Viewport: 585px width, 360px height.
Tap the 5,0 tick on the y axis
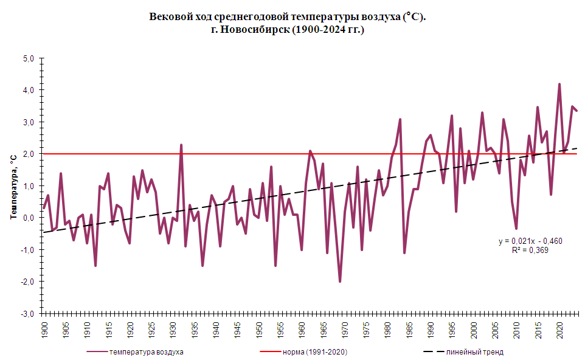pyautogui.click(x=29, y=58)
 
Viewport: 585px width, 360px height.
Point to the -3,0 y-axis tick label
pyautogui.click(x=28, y=314)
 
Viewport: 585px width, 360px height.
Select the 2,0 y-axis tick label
pyautogui.click(x=29, y=154)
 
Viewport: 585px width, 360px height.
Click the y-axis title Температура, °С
pyautogui.click(x=12, y=186)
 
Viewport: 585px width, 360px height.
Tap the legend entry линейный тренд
pyautogui.click(x=474, y=351)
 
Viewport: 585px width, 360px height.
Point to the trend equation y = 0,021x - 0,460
pyautogui.click(x=531, y=241)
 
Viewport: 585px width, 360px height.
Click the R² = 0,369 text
pyautogui.click(x=531, y=249)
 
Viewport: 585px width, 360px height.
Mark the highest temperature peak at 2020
pyautogui.click(x=559, y=85)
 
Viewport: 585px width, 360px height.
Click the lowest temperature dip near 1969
pyautogui.click(x=340, y=281)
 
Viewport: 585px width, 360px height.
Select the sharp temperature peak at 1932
pyautogui.click(x=181, y=145)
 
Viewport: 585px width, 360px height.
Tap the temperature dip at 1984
pyautogui.click(x=404, y=252)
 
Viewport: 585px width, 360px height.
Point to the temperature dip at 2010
pyautogui.click(x=516, y=228)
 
